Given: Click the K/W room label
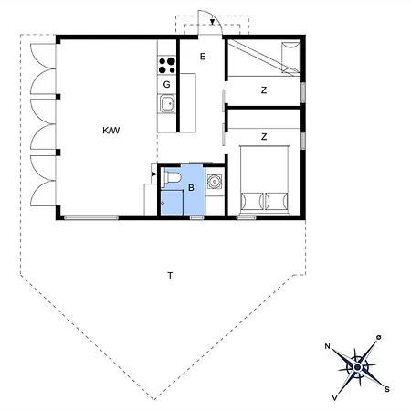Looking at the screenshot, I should pos(111,131).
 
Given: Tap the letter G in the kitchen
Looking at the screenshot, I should pos(167,84).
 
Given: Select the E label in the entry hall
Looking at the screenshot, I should pos(203,57).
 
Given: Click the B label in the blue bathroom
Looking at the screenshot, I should pos(191,188).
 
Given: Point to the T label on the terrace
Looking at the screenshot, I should pos(169,274).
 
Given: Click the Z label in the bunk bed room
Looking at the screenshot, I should pos(264,90).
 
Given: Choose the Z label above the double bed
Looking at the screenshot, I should pos(264,137).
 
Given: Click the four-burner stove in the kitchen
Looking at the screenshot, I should pos(167,65).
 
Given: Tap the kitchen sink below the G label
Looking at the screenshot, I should pos(167,103).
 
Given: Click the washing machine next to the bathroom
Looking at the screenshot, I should pos(214,181).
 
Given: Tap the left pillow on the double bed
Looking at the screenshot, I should pos(252,199).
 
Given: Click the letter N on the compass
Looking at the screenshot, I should pos(328,347).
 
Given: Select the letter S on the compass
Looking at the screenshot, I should pos(387,390).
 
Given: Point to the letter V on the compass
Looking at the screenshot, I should pos(336,398).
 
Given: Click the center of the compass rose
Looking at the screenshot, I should pos(357,368).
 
